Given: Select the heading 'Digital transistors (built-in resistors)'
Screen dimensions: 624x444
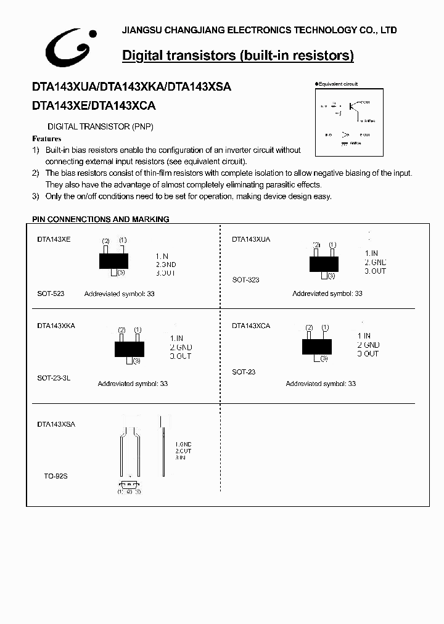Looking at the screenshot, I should pyautogui.click(x=238, y=56).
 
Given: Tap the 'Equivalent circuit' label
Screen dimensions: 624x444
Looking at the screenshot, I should pyautogui.click(x=338, y=84).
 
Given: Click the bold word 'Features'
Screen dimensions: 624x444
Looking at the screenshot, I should pyautogui.click(x=47, y=139).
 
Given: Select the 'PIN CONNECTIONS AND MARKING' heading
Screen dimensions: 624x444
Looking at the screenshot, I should pyautogui.click(x=101, y=219).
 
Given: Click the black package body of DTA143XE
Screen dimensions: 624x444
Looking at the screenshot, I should pyautogui.click(x=113, y=260).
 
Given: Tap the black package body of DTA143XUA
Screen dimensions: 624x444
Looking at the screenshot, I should pyautogui.click(x=324, y=264).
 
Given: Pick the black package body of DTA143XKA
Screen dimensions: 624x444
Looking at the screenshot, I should pyautogui.click(x=129, y=349).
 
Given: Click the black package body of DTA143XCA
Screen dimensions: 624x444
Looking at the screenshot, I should pyautogui.click(x=317, y=347).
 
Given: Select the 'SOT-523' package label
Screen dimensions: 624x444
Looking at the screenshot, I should pyautogui.click(x=51, y=294).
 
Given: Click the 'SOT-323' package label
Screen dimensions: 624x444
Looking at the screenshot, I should pyautogui.click(x=245, y=280).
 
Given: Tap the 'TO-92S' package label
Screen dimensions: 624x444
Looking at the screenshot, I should pyautogui.click(x=55, y=477).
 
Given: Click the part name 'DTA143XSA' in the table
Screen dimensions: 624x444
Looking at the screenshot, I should pyautogui.click(x=56, y=425).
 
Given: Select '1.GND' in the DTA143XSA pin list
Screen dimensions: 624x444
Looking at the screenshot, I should pyautogui.click(x=183, y=445).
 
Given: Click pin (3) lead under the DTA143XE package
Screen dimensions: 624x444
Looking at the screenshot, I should pyautogui.click(x=113, y=272).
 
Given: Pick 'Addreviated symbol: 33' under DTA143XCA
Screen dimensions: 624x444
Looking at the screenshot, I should pyautogui.click(x=321, y=384).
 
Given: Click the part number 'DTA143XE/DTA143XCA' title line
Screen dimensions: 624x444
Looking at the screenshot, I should pyautogui.click(x=94, y=106).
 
